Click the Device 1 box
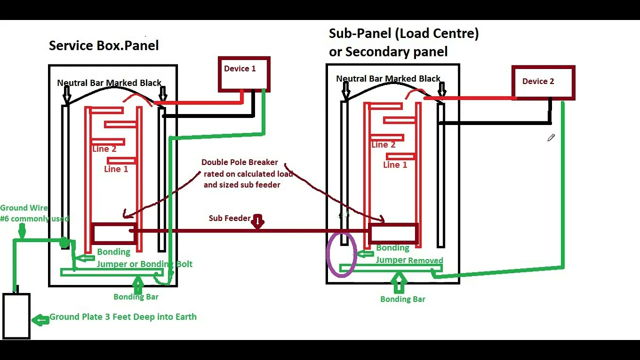click(218, 74)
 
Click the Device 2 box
click(512, 82)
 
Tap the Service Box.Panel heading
click(103, 45)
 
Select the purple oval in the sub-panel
click(327, 254)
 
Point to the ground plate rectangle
click(3, 316)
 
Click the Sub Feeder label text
click(229, 218)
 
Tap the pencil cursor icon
click(551, 137)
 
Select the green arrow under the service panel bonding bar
click(138, 285)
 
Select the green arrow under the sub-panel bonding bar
click(398, 283)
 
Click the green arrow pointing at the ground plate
click(40, 320)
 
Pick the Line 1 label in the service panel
click(116, 169)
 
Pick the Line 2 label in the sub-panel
click(383, 145)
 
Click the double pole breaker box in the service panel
click(91, 233)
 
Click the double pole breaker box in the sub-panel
click(369, 233)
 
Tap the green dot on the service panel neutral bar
click(64, 242)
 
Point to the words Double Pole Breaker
click(239, 162)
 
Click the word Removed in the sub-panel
click(425, 260)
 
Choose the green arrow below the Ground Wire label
click(22, 231)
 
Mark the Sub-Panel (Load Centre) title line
click(403, 33)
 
